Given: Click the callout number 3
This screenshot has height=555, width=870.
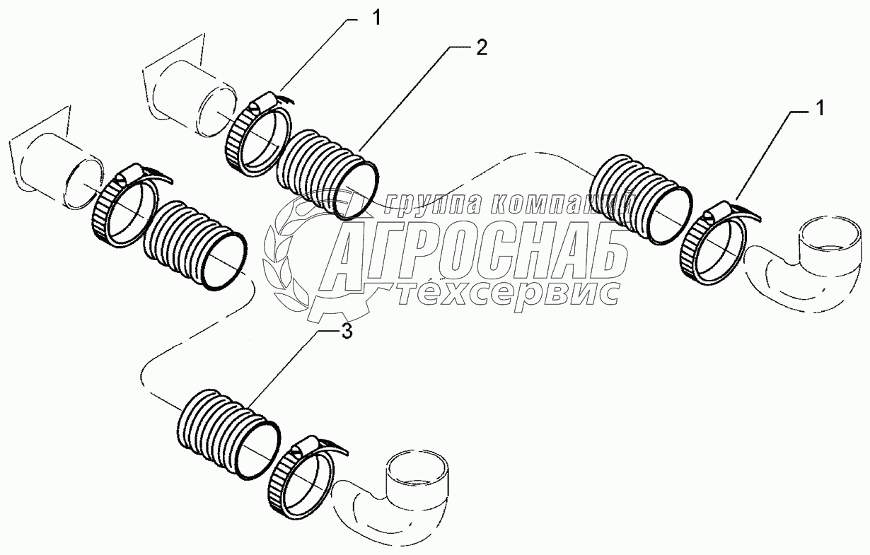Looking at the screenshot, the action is pyautogui.click(x=347, y=332).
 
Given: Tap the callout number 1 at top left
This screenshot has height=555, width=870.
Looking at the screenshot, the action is pyautogui.click(x=376, y=18).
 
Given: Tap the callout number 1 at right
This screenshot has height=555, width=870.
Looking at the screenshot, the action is pyautogui.click(x=818, y=108).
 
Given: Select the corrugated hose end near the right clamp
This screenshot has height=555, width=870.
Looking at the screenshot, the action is pyautogui.click(x=641, y=199).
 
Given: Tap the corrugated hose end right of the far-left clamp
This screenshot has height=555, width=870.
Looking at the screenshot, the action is pyautogui.click(x=195, y=245).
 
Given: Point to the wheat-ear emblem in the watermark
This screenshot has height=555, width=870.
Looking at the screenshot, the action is pyautogui.click(x=282, y=264).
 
